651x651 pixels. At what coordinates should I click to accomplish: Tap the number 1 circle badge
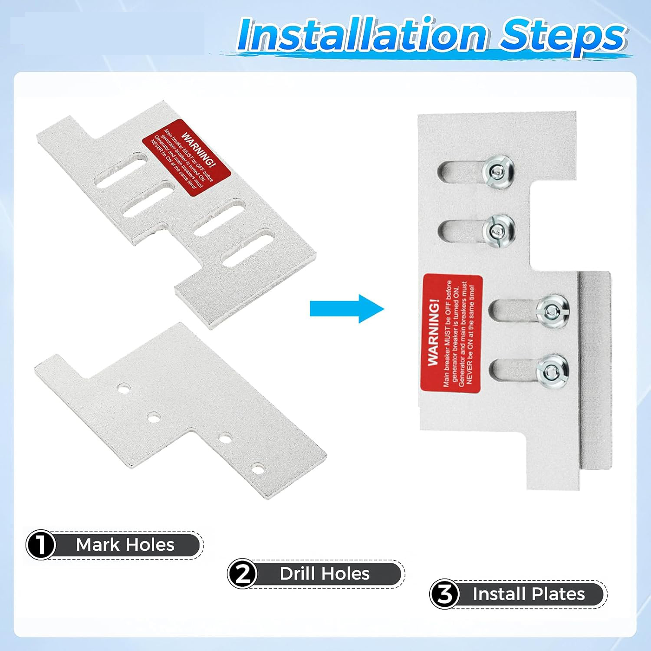click(41, 545)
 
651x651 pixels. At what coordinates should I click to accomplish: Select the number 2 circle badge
click(243, 574)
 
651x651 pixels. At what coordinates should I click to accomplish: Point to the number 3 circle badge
click(445, 594)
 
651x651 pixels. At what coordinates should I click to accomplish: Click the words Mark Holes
click(125, 545)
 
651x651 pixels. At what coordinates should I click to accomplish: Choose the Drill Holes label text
click(325, 574)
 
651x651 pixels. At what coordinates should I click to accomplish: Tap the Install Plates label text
click(529, 594)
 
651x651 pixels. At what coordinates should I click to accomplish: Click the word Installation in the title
click(362, 34)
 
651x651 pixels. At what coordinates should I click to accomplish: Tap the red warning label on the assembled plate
click(452, 333)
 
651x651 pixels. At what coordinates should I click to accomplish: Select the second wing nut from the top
click(499, 230)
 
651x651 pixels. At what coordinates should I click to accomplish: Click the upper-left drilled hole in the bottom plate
click(124, 388)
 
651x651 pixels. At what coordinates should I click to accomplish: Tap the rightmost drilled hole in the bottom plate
click(258, 469)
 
